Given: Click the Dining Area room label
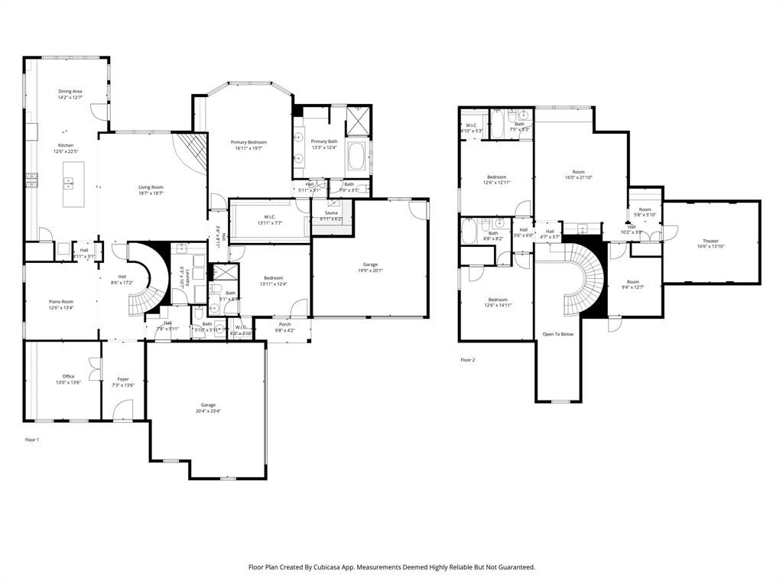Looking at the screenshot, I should click(70, 91).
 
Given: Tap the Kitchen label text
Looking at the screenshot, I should click(66, 145).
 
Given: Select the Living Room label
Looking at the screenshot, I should click(151, 187).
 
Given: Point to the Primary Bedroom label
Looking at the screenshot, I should click(249, 142).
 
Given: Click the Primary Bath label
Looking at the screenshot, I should click(323, 141).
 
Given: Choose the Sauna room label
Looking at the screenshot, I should click(330, 213).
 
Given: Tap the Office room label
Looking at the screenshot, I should click(68, 376).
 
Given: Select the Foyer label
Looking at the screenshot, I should click(122, 379).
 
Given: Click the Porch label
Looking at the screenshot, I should click(284, 324).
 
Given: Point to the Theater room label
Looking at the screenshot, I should click(710, 241).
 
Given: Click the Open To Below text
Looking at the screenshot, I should click(557, 334).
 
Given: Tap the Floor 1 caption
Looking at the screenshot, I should click(32, 439).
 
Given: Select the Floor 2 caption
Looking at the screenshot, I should click(467, 359).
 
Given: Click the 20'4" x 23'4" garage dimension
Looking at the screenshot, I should click(208, 411).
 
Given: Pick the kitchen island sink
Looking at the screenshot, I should click(68, 183).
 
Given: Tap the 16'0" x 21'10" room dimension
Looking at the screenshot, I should click(579, 178).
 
